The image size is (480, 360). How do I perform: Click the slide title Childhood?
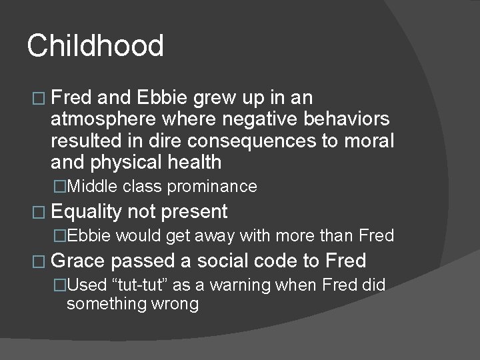point(95,46)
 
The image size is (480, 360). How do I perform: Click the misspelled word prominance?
point(212,187)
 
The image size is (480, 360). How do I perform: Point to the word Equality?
point(86,212)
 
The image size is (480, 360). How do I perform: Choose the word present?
point(195,212)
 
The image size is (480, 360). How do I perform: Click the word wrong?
point(174,304)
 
